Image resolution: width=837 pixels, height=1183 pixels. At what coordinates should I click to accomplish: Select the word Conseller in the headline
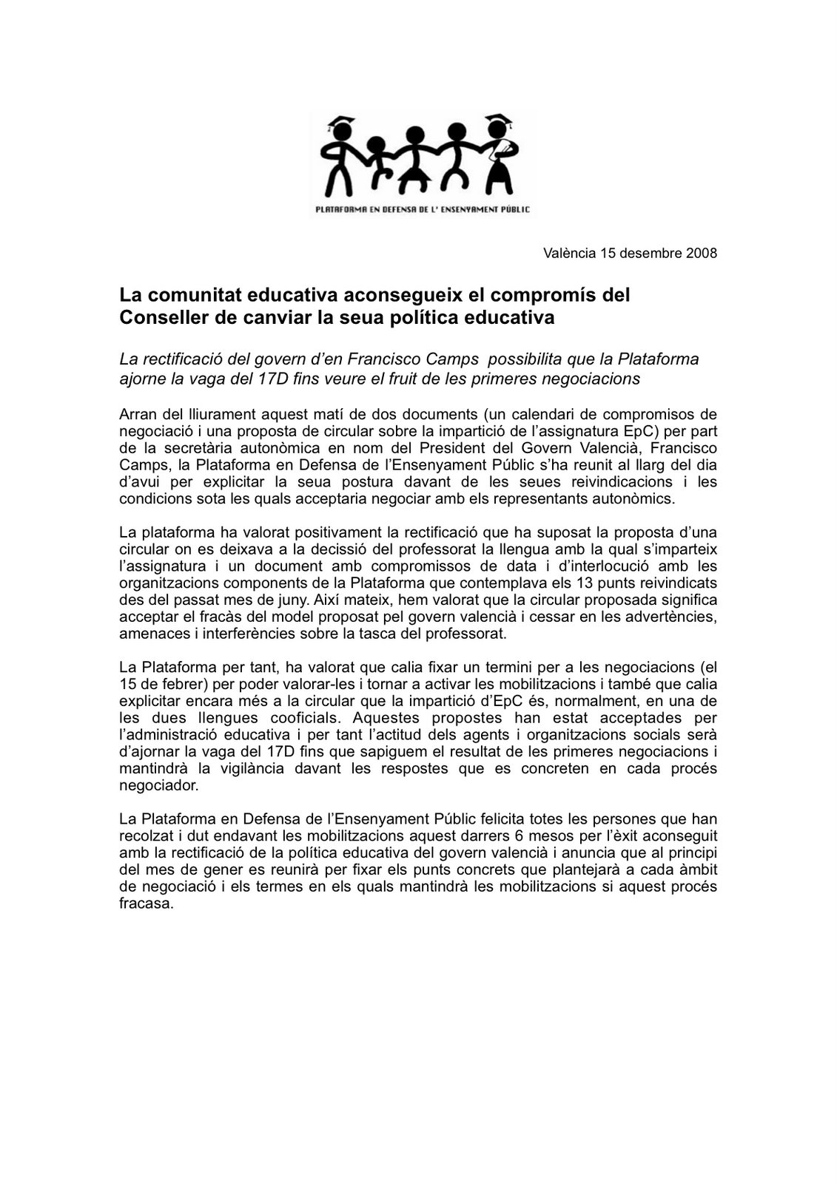[x=160, y=319]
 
